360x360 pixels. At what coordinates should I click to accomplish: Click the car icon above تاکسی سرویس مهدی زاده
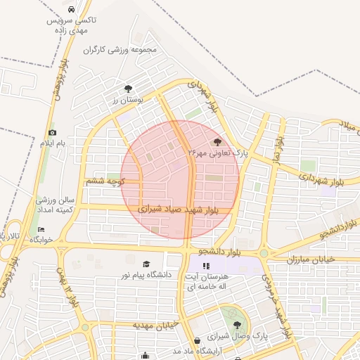click(73, 9)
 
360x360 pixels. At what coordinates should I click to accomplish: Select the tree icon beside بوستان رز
click(127, 89)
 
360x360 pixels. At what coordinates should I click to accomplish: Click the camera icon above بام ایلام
click(52, 132)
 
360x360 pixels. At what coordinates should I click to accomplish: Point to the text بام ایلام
click(52, 143)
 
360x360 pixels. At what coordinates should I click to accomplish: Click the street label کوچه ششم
click(105, 181)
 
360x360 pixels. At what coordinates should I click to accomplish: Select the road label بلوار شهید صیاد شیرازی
click(179, 208)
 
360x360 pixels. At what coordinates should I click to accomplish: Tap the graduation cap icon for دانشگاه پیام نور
click(146, 264)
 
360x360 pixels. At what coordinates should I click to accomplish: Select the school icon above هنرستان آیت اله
click(206, 266)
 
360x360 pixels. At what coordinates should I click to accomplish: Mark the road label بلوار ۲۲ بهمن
click(70, 290)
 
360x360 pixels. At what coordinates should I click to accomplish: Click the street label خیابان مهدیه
click(154, 325)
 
